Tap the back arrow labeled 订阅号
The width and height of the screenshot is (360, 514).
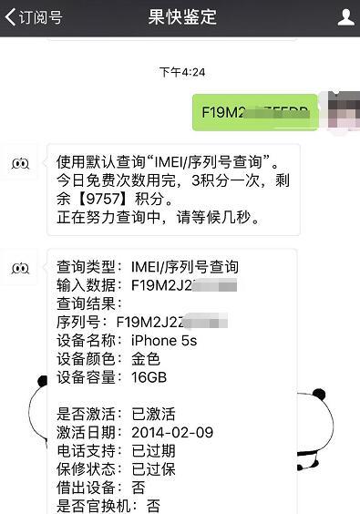click(33, 17)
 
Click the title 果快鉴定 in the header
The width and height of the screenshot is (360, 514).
click(182, 17)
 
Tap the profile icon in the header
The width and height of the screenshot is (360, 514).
click(345, 17)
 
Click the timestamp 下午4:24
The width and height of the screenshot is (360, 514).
click(182, 72)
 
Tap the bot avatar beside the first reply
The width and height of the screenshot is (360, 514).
click(21, 163)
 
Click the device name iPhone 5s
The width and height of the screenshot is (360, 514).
click(163, 341)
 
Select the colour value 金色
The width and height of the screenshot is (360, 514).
click(146, 359)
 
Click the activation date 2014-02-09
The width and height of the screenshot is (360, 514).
click(172, 432)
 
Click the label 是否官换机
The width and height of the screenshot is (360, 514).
click(94, 505)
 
